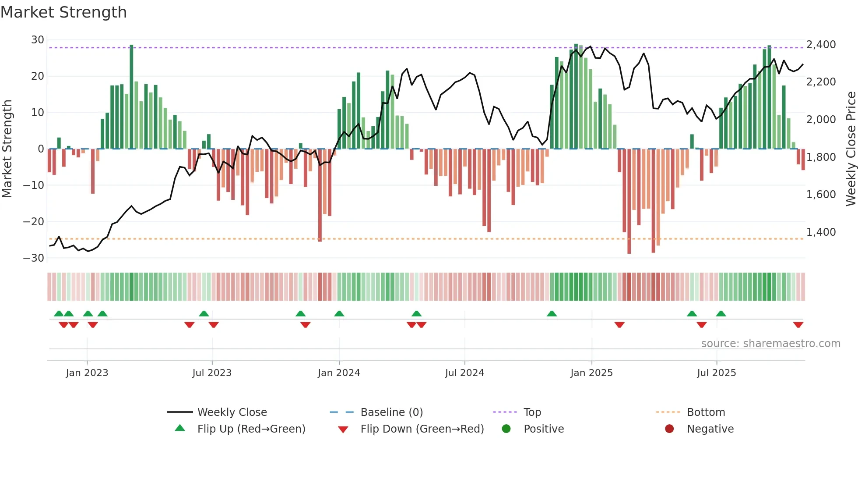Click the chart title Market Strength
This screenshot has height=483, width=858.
coord(63,12)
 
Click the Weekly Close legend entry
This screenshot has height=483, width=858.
coord(232,412)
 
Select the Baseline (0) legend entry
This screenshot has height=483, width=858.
coord(391,412)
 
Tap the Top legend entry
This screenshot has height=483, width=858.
coord(532,412)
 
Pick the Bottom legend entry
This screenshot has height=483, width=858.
coord(706,412)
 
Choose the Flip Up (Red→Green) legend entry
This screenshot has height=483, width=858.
coord(251,429)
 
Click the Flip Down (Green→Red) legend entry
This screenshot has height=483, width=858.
coord(422,429)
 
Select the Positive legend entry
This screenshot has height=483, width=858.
coord(543,429)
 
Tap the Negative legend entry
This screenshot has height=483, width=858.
coord(710,429)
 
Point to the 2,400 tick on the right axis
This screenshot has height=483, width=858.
coord(821,45)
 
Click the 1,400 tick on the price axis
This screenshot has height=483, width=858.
coord(821,232)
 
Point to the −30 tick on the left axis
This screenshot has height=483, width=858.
coord(34,258)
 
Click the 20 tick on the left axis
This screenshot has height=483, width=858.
coord(38,76)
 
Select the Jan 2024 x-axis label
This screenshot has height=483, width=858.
coord(339,373)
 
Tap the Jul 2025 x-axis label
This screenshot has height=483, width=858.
coord(716,373)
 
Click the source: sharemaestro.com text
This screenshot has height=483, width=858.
coord(770,344)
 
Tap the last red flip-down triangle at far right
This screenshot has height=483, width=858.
coord(798,325)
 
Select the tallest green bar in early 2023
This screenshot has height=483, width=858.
coord(131,96)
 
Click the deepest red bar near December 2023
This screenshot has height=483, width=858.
coord(320,195)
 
